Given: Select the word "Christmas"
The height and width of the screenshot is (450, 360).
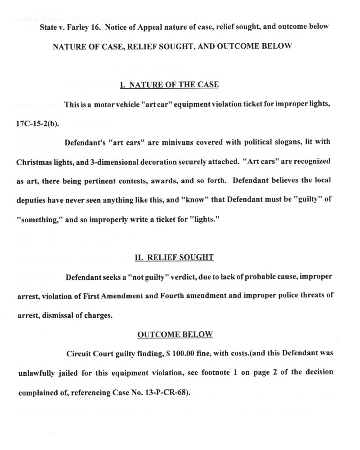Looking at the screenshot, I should pyautogui.click(x=39, y=160).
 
